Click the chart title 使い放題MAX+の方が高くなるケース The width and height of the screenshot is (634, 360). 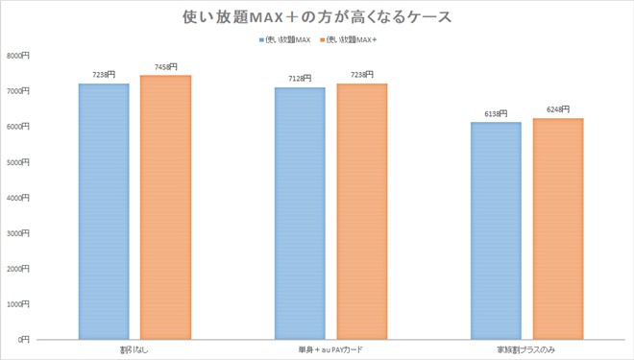pyautogui.click(x=316, y=16)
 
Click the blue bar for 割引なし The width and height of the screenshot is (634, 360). pyautogui.click(x=103, y=211)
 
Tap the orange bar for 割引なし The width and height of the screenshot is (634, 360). pyautogui.click(x=165, y=206)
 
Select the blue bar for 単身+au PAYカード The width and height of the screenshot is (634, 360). pyautogui.click(x=300, y=213)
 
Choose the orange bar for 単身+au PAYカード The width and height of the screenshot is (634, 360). pyautogui.click(x=361, y=211)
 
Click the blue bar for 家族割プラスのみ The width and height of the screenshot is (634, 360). pyautogui.click(x=496, y=230)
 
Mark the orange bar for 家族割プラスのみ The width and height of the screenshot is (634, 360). pyautogui.click(x=558, y=228)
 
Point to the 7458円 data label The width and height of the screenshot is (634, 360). pyautogui.click(x=165, y=67)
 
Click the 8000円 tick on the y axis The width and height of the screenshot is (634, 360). pyautogui.click(x=19, y=56)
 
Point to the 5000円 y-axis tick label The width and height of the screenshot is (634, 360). pyautogui.click(x=19, y=162)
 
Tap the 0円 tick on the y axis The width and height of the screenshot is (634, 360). pyautogui.click(x=24, y=340)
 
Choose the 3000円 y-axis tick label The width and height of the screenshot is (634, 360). pyautogui.click(x=19, y=233)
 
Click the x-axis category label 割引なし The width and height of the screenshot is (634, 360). pyautogui.click(x=134, y=348)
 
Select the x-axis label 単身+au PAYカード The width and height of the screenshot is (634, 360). pyautogui.click(x=329, y=348)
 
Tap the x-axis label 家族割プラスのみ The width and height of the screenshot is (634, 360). pyautogui.click(x=526, y=348)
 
